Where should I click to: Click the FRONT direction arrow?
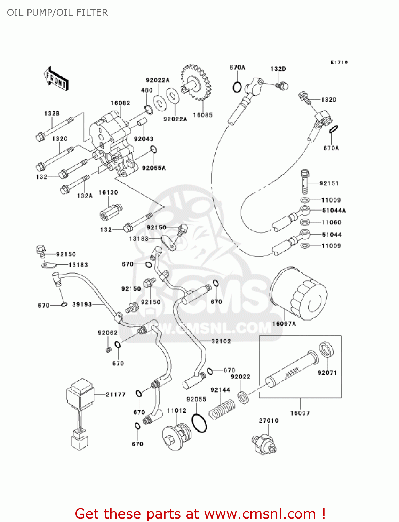(x=56, y=79)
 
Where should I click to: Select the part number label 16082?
(x=120, y=103)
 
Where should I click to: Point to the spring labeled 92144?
(x=222, y=409)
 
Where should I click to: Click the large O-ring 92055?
(x=199, y=423)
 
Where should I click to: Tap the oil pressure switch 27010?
(x=264, y=444)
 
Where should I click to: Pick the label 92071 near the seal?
(x=327, y=373)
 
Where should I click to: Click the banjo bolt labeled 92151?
(x=305, y=182)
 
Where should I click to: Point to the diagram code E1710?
(x=339, y=62)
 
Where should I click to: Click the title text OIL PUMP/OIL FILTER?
(x=57, y=13)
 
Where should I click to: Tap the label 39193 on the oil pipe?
(x=82, y=304)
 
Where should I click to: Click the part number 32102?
(x=221, y=341)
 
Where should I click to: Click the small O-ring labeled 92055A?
(x=154, y=150)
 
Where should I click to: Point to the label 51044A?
(x=334, y=210)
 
